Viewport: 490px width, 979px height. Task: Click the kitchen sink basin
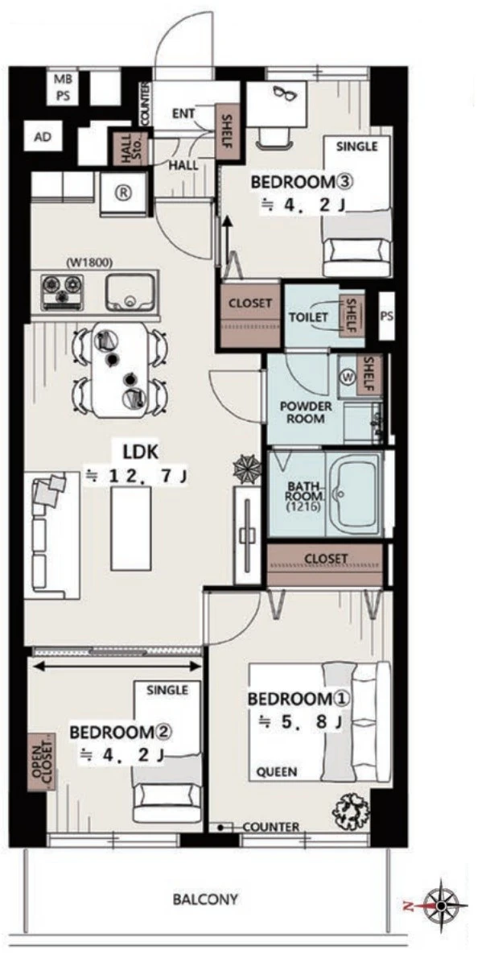pyautogui.click(x=130, y=291)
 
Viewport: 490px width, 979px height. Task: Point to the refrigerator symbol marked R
pyautogui.click(x=123, y=193)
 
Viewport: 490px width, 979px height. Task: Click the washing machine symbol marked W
pyautogui.click(x=348, y=376)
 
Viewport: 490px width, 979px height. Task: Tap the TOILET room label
pyautogui.click(x=308, y=316)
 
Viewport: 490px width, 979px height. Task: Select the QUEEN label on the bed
pyautogui.click(x=277, y=772)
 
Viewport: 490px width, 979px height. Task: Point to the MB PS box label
pyautogui.click(x=64, y=88)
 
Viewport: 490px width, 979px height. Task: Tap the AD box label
pyautogui.click(x=42, y=137)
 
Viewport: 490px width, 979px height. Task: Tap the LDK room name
pyautogui.click(x=140, y=452)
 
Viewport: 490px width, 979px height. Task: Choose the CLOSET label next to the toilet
pyautogui.click(x=249, y=303)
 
